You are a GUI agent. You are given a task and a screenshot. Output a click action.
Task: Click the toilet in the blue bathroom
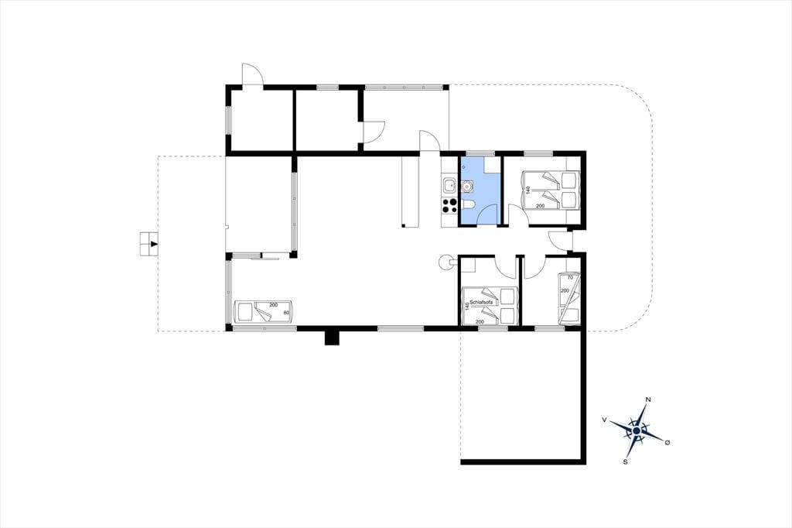469,204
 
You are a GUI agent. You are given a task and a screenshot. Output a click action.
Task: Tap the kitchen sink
449,186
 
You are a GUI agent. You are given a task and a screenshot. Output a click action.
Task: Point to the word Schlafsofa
481,303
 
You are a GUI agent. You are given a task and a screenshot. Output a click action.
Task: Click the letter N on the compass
648,399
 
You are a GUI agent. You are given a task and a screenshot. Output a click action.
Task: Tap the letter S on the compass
625,461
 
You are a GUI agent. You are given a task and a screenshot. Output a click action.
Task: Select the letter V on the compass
604,420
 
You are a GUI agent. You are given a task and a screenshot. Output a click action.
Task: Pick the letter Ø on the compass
667,443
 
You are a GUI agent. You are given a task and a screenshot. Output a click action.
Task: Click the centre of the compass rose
637,430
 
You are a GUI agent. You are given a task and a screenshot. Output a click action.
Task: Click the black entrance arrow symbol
154,244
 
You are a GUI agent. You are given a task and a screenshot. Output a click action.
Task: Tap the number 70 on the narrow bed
570,278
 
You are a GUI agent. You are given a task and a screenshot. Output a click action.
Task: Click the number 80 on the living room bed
286,313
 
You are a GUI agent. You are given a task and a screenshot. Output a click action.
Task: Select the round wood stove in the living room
446,262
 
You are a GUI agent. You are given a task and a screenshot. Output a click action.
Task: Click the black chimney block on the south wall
332,338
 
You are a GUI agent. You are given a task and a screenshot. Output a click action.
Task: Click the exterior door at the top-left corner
253,75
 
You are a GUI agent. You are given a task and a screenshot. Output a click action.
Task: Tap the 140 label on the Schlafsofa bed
466,306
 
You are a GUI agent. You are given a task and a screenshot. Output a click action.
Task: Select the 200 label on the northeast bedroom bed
541,206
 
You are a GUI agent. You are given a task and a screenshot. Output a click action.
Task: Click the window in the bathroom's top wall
480,153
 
